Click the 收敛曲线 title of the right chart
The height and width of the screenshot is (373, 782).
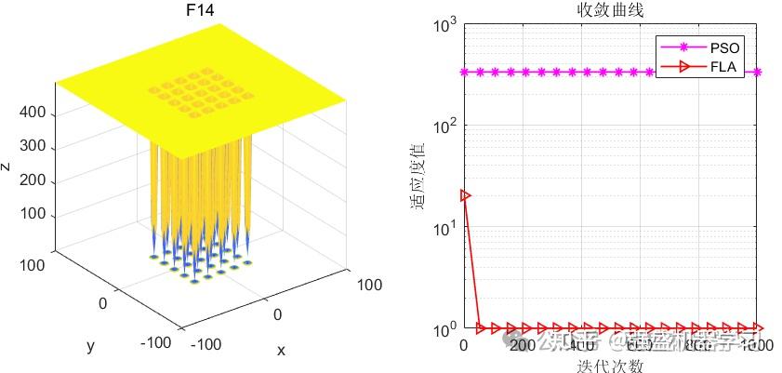coord(609,11)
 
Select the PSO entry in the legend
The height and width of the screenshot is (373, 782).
coord(725,47)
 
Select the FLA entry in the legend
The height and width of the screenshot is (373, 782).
coord(725,67)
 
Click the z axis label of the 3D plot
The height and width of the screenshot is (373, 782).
coord(7,166)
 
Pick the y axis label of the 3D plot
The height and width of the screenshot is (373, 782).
coord(90,346)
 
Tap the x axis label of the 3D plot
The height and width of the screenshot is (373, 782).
coord(280,351)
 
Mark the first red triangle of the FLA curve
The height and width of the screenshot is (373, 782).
coord(465,195)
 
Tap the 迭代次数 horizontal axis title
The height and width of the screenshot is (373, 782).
coord(609,365)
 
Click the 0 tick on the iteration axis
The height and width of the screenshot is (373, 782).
coord(464,345)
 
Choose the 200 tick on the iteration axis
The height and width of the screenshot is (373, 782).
coord(523,345)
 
